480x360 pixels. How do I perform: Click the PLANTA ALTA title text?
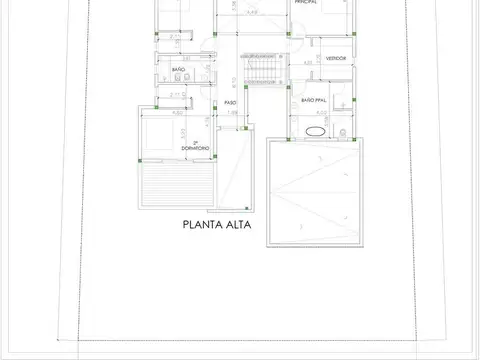(216, 225)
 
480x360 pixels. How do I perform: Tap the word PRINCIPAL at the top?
(307, 3)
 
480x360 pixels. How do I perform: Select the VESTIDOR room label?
(334, 58)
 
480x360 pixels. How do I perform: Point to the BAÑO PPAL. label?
(316, 100)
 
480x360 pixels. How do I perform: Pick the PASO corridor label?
(230, 102)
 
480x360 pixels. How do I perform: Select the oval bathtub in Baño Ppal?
(315, 130)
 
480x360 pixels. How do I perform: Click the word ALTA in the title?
(237, 225)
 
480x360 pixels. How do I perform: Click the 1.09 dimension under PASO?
(232, 113)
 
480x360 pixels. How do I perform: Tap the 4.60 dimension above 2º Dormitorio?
(178, 113)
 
